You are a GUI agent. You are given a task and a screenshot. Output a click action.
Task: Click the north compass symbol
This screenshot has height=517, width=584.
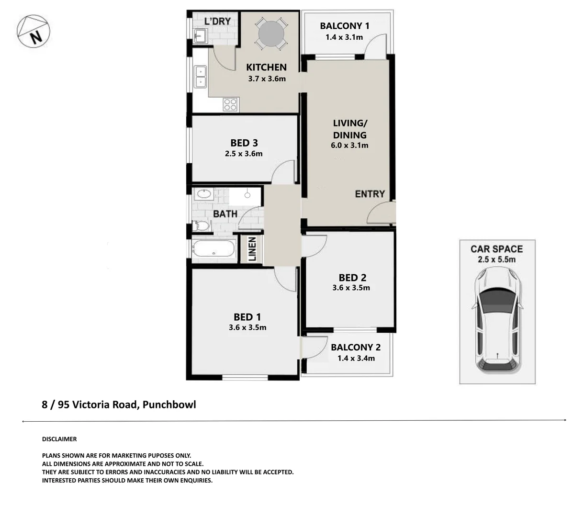click(x=33, y=31)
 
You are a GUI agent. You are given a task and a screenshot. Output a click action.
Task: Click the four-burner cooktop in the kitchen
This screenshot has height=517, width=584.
click(x=231, y=104)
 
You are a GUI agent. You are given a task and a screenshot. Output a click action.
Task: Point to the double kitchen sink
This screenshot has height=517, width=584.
click(x=201, y=77)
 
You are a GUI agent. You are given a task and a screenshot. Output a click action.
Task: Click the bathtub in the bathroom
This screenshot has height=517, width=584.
click(x=213, y=248)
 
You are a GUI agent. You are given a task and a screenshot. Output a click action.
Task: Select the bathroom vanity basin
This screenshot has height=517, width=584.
click(x=204, y=194)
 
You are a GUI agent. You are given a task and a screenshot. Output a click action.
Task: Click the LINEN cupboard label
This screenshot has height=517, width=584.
click(x=252, y=249)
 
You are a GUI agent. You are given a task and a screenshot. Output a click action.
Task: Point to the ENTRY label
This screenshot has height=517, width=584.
click(x=370, y=194)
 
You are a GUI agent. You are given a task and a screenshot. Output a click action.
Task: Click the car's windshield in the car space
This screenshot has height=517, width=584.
click(x=497, y=300)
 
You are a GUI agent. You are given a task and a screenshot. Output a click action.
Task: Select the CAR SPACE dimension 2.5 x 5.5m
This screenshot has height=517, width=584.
click(x=496, y=259)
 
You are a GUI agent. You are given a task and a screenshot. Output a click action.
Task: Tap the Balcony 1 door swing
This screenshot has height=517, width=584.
click(x=375, y=46)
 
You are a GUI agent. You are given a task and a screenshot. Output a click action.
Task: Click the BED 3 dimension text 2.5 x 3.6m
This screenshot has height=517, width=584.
click(x=244, y=153)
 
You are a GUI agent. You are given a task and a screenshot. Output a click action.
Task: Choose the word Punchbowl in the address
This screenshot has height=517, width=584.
click(x=169, y=405)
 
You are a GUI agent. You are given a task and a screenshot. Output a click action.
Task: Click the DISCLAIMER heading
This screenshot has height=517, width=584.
click(x=59, y=439)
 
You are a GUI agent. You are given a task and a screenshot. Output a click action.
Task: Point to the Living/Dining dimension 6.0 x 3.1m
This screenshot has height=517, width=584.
click(x=349, y=145)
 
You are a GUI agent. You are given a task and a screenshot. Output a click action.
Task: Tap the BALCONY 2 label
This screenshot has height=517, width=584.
click(x=355, y=347)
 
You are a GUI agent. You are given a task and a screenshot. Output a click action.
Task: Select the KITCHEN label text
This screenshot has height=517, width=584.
click(x=266, y=67)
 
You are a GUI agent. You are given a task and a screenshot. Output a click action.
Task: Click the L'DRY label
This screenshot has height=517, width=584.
click(x=217, y=21)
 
